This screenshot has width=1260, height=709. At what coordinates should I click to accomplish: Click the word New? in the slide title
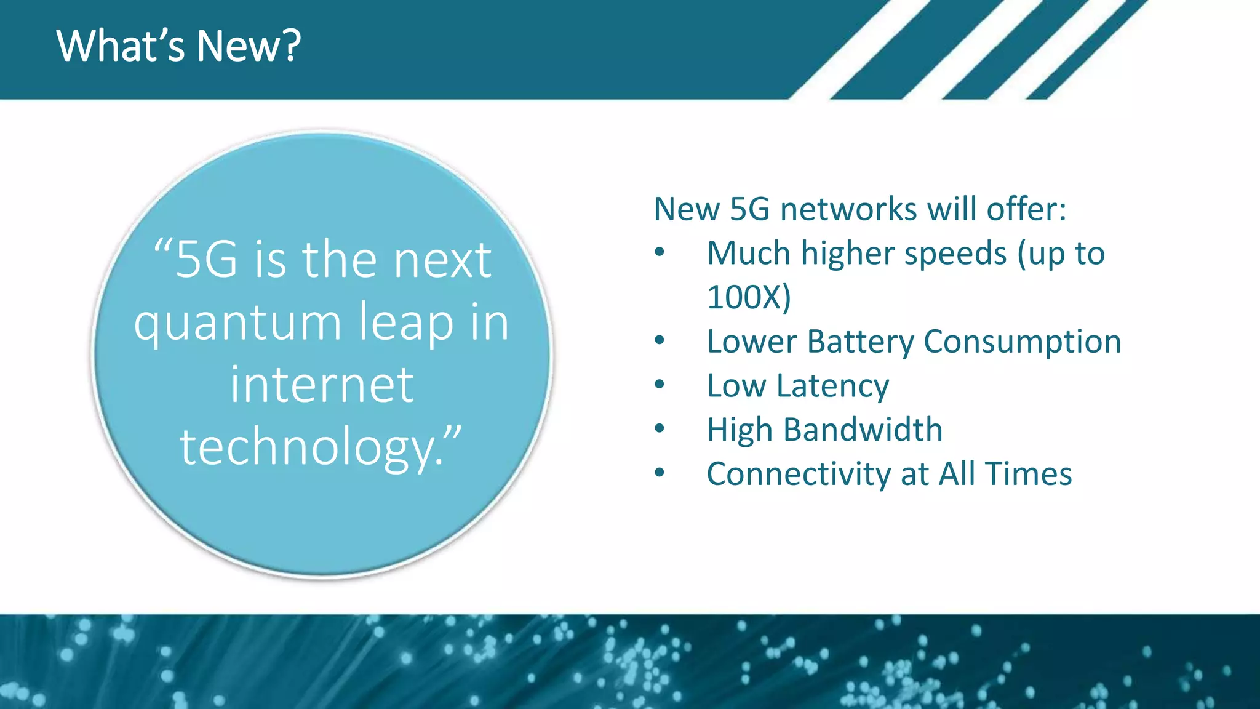tap(249, 46)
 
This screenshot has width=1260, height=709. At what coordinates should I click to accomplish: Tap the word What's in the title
tap(121, 46)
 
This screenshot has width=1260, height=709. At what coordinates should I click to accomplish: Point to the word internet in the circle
tap(322, 385)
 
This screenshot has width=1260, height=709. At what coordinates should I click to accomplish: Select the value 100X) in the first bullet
tap(749, 298)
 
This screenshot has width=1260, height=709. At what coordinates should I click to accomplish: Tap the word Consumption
tap(1022, 342)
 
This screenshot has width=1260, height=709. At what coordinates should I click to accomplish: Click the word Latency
tap(832, 387)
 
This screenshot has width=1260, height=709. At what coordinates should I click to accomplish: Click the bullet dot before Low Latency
tap(660, 385)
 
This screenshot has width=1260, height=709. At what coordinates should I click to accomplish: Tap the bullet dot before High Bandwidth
tap(660, 428)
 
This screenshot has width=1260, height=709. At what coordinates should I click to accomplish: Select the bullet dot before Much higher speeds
tap(660, 252)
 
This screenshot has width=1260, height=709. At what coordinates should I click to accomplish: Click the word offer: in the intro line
tap(1026, 209)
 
